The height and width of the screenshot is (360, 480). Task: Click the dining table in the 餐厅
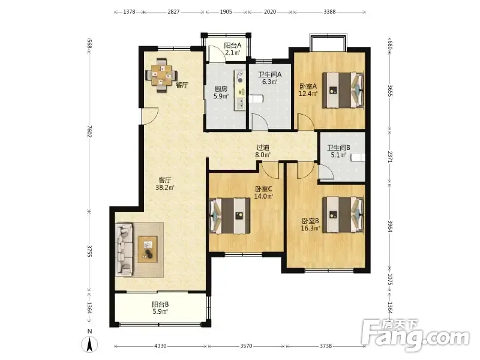click(161, 76)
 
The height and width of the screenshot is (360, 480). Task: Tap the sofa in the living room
click(124, 250)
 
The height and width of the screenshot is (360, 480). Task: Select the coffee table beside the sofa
click(147, 249)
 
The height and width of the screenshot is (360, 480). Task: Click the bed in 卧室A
click(343, 90)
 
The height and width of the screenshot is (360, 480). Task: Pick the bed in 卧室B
click(343, 215)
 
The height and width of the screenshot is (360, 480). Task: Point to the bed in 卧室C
click(230, 216)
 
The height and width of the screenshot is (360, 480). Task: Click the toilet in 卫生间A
click(256, 99)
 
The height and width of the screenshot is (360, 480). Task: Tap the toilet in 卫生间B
click(358, 157)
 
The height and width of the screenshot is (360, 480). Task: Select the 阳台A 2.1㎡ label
click(232, 49)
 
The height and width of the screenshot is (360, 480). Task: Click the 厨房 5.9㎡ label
click(221, 93)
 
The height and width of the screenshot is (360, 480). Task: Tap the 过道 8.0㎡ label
click(263, 151)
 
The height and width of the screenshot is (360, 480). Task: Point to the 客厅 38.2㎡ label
click(164, 184)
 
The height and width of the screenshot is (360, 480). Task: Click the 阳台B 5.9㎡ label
click(160, 308)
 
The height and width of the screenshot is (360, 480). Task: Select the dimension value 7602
click(89, 131)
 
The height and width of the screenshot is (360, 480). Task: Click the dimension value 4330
click(160, 346)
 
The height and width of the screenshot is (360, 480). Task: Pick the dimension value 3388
click(329, 12)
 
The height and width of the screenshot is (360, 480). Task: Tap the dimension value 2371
click(389, 157)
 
